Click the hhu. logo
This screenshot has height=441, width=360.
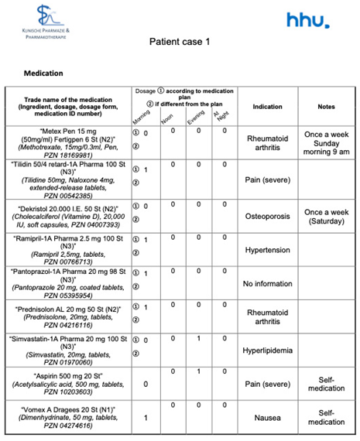point(307,20)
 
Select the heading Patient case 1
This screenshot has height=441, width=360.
point(180,42)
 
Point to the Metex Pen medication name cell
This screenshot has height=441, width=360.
point(67,143)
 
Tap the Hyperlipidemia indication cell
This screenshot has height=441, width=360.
point(267,350)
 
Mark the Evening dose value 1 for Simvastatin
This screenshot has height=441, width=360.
point(199,339)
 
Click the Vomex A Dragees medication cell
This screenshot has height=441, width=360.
point(67,416)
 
